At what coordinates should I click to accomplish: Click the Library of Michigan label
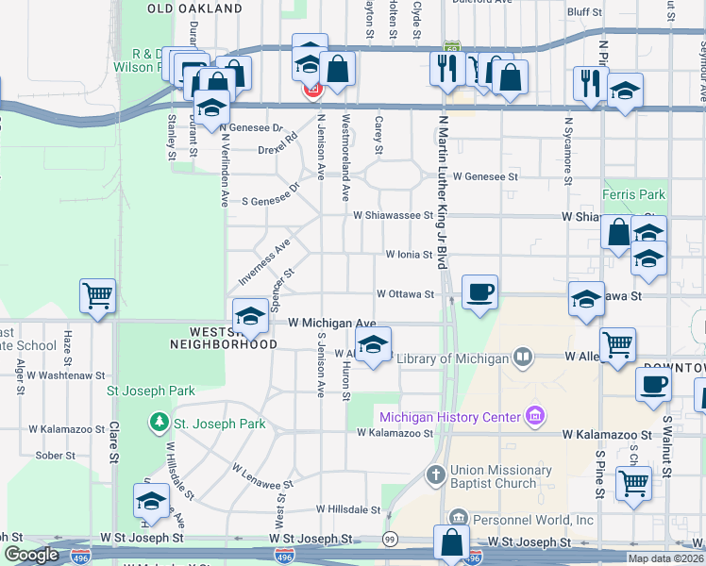(452, 358)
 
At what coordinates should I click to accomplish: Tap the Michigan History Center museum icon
(535, 416)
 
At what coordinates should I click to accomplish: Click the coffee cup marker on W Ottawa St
(479, 292)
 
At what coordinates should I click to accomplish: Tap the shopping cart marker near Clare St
(97, 296)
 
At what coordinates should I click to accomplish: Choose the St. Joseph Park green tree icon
(158, 421)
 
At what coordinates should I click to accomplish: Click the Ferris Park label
(634, 195)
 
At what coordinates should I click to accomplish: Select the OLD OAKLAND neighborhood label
(195, 8)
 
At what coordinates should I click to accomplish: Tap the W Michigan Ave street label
(332, 323)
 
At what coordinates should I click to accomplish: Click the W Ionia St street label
(408, 255)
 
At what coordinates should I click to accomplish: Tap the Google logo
(31, 555)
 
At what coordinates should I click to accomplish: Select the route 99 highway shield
(389, 538)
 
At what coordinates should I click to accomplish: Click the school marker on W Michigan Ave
(251, 314)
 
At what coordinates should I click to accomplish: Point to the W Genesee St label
(485, 176)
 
